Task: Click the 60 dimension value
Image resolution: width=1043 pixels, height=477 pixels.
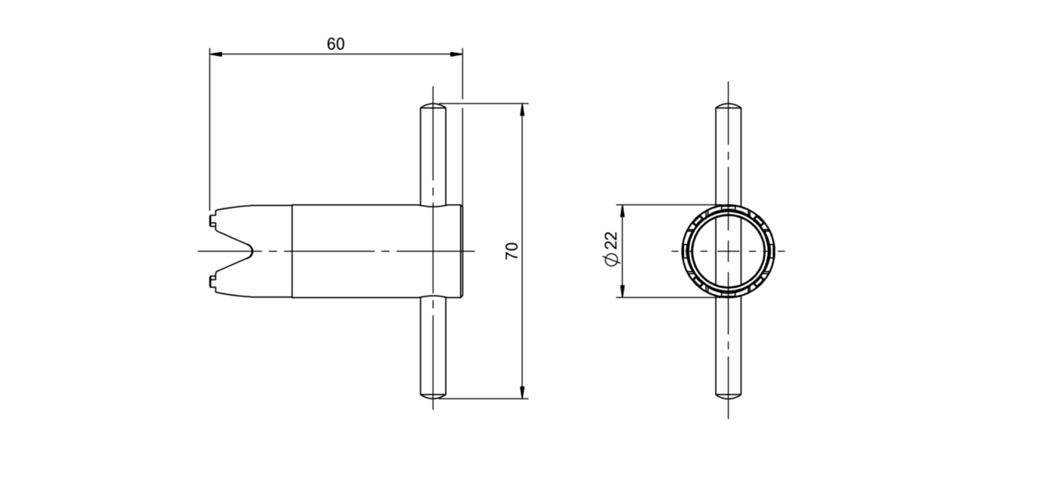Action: click(x=336, y=44)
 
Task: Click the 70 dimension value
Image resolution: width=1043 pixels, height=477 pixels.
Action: click(x=512, y=251)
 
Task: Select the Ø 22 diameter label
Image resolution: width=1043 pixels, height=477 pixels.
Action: click(x=611, y=249)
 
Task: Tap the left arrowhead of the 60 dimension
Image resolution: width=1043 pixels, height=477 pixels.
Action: click(x=216, y=54)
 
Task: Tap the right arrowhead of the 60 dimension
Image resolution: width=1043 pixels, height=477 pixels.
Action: click(x=457, y=54)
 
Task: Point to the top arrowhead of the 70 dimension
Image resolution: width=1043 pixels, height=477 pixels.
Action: click(x=522, y=110)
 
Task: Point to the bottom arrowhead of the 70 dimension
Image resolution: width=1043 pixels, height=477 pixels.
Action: click(x=522, y=392)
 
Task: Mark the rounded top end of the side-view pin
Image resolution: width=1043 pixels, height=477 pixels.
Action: click(x=433, y=107)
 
